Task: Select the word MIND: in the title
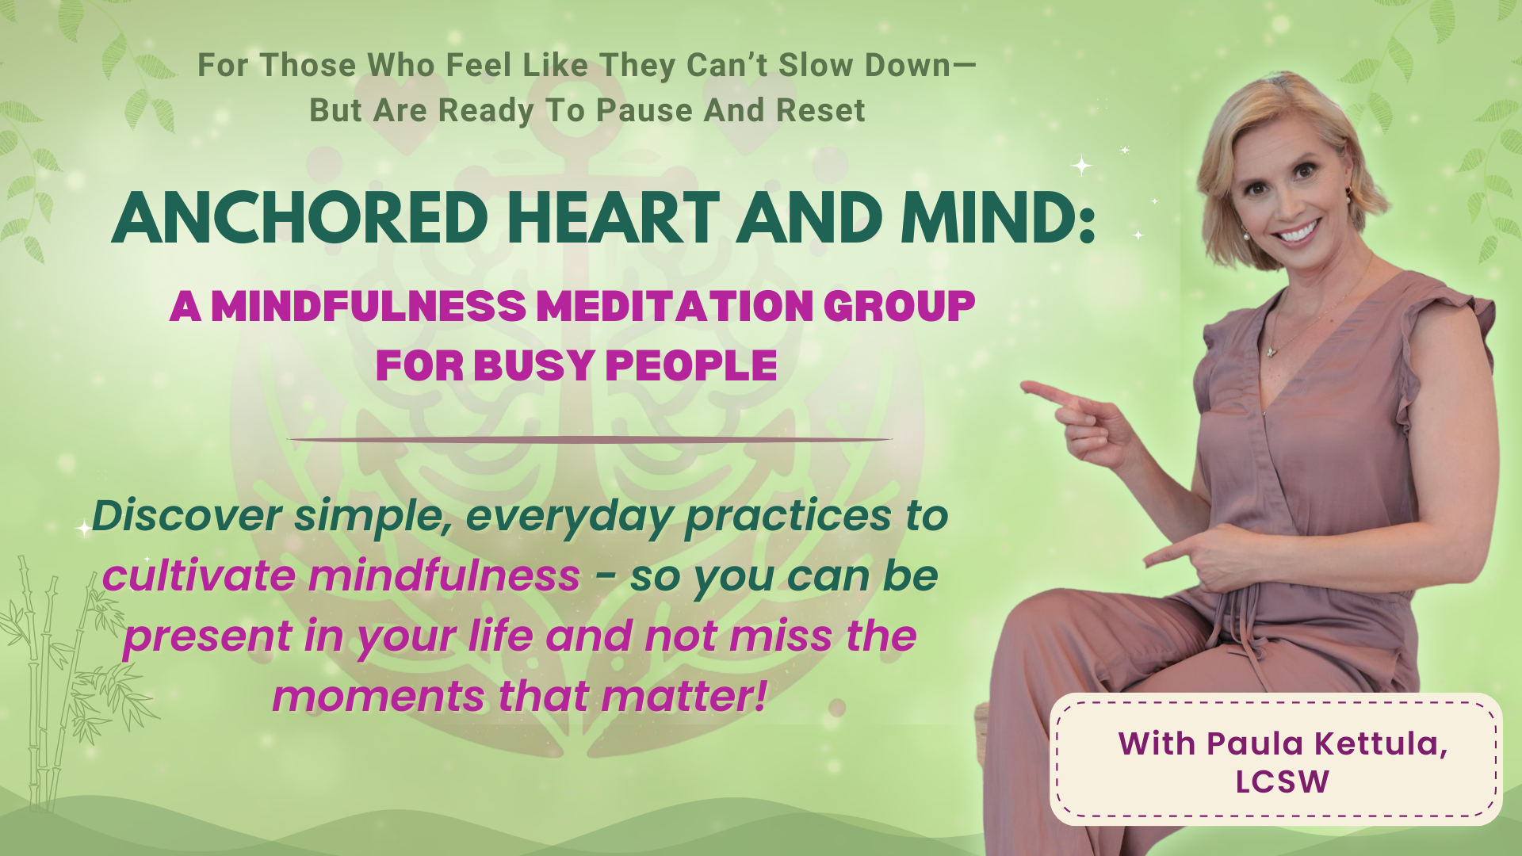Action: coord(999,218)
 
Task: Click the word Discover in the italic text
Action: coord(186,516)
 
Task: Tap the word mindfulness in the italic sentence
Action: coord(444,576)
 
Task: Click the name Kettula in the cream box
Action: coord(1380,743)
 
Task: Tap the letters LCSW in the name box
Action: coord(1282,782)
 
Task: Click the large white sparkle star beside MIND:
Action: coord(1081,166)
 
